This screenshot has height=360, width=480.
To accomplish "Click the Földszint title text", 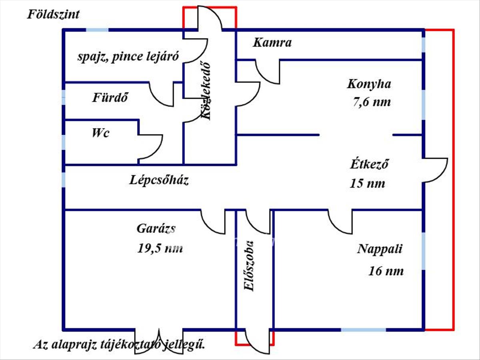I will coord(53,15).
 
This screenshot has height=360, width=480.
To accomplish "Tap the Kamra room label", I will coord(272,43).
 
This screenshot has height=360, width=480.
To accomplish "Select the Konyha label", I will coord(369,84).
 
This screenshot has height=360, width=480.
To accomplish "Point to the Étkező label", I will coord(370,164).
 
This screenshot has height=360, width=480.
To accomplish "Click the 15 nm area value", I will coord(367,184).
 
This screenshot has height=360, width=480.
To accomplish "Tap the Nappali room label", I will coord(380,249).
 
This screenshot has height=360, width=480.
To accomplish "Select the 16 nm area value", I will coord(386,271).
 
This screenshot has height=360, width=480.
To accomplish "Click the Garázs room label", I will coord(156,229).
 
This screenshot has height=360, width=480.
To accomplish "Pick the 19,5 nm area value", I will coord(160,248).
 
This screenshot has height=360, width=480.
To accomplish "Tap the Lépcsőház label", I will coord(159,180).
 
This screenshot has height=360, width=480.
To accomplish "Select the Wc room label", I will coord(100,133).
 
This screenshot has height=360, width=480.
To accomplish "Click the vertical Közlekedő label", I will coord(205,90).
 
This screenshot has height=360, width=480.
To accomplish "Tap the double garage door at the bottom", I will coord(159,340).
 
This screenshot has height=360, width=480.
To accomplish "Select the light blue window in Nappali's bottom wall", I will coord(363,330).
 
